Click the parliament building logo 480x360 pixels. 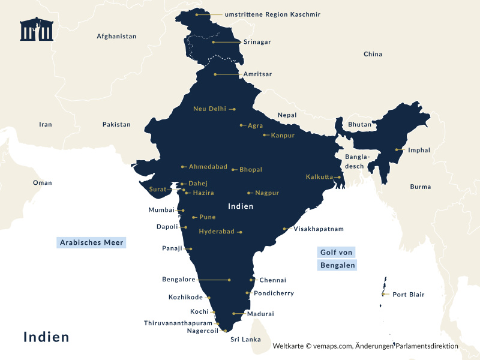[37, 29]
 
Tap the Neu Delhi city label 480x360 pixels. [209, 109]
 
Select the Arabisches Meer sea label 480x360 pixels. [92, 243]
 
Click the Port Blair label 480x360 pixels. [408, 295]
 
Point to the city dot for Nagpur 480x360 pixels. [249, 193]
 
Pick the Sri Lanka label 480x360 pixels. [245, 340]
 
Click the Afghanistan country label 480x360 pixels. [116, 37]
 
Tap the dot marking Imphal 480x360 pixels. [397, 150]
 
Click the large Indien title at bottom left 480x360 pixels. [46, 337]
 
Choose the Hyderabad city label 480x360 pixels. [217, 232]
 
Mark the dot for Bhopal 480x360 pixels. [233, 170]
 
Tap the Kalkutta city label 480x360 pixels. [319, 177]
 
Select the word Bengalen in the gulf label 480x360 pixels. [337, 265]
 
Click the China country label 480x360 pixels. [373, 55]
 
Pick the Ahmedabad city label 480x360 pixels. [208, 167]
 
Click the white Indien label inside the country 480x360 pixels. [241, 206]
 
